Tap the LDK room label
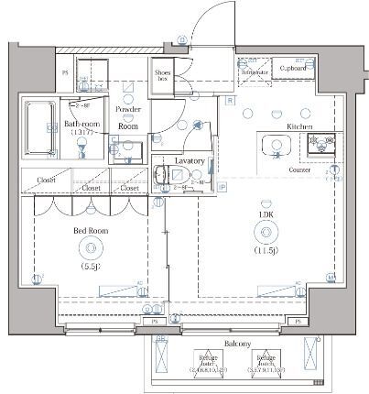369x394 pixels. tap(266, 217)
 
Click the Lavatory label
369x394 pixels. tap(189, 161)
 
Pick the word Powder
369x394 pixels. tap(127, 109)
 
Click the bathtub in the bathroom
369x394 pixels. tap(39, 128)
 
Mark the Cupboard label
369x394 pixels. tap(293, 68)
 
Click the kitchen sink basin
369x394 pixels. tap(275, 147)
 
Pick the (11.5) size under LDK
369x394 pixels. tap(266, 249)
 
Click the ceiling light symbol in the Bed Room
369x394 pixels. tap(91, 246)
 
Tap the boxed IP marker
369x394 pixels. tap(222, 187)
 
